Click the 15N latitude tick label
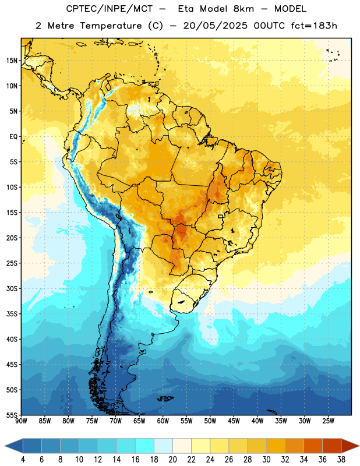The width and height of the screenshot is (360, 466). click(12, 61)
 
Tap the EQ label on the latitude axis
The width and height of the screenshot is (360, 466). click(13, 137)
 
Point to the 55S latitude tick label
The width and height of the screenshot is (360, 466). click(12, 415)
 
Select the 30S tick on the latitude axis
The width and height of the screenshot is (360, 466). click(12, 288)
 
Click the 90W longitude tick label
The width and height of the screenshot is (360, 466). click(21, 421)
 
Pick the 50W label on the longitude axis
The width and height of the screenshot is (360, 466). click(210, 421)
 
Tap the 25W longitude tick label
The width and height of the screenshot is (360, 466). click(328, 421)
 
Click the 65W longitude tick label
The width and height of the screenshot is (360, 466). click(139, 421)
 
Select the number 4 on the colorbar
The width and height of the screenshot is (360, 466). click(23, 460)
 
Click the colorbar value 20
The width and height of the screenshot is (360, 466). click(172, 460)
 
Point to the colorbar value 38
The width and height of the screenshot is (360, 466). click(341, 460)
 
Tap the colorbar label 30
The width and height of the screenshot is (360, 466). click(266, 460)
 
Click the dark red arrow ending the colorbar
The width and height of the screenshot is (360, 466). click(350, 446)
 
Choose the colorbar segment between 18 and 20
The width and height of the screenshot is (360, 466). click(164, 446)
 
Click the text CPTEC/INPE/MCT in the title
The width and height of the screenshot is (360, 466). click(109, 9)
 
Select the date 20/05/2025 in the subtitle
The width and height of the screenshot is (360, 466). click(215, 26)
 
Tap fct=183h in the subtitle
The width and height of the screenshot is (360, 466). click(314, 26)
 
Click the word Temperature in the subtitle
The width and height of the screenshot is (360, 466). click(111, 26)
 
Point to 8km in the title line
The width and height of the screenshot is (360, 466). click(243, 9)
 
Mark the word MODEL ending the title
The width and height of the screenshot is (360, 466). click(290, 9)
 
